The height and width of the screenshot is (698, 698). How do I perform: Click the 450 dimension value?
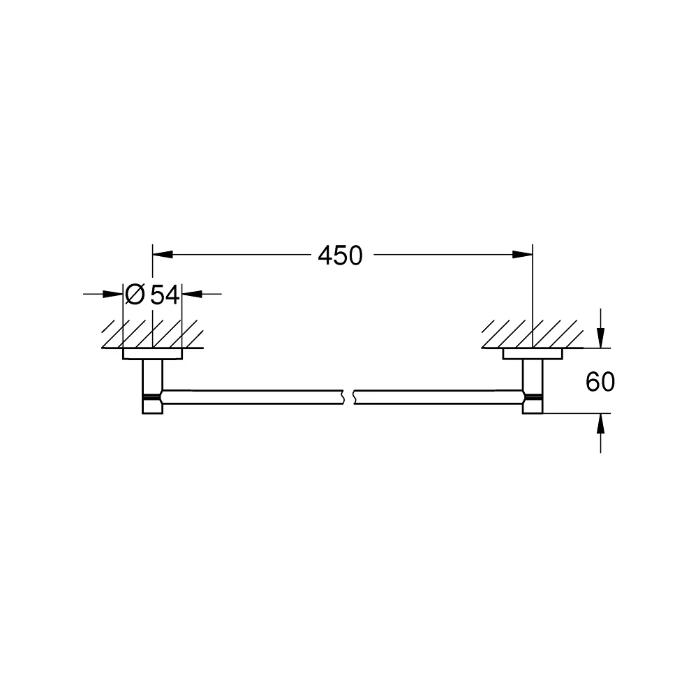341,255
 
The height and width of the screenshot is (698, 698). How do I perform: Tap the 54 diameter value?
165,295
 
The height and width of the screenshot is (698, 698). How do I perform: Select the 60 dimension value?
600,382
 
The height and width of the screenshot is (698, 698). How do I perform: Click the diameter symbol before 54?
135,295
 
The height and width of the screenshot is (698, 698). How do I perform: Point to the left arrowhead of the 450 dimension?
163,255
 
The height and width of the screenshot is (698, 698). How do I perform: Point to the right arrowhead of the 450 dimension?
523,255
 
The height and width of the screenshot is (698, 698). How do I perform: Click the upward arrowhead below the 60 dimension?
600,424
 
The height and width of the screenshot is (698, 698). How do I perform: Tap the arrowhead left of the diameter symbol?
112,294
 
